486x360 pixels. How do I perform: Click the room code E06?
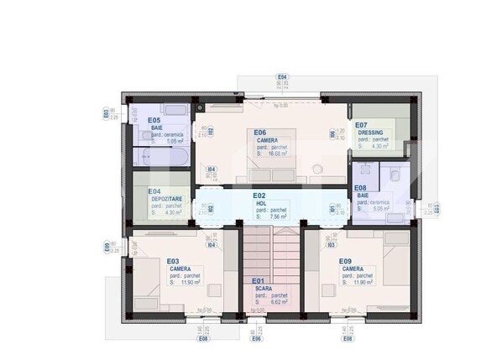click(261, 133)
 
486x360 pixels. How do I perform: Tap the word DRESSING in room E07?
click(371, 133)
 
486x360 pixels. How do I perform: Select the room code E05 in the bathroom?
click(154, 120)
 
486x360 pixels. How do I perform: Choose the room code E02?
click(260, 196)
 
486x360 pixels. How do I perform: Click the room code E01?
click(259, 281)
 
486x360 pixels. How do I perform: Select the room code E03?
click(173, 261)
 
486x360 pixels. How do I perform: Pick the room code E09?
click(345, 261)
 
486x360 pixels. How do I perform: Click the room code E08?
click(360, 189)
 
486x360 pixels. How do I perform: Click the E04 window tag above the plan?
click(282, 77)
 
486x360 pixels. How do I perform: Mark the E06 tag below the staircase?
click(257, 339)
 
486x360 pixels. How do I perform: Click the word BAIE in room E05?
click(156, 128)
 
